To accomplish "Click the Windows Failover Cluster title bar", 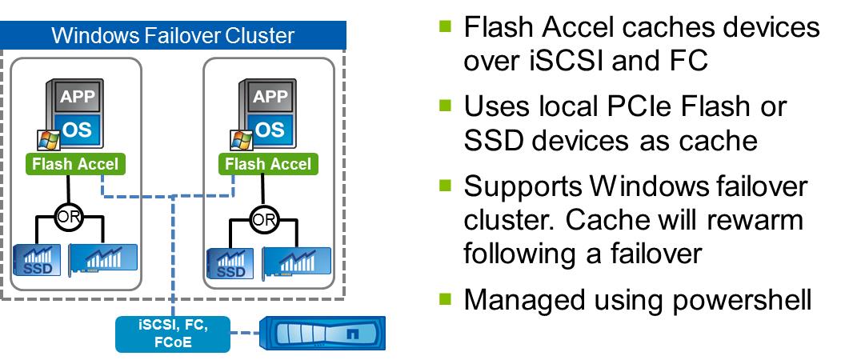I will click(x=173, y=35).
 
